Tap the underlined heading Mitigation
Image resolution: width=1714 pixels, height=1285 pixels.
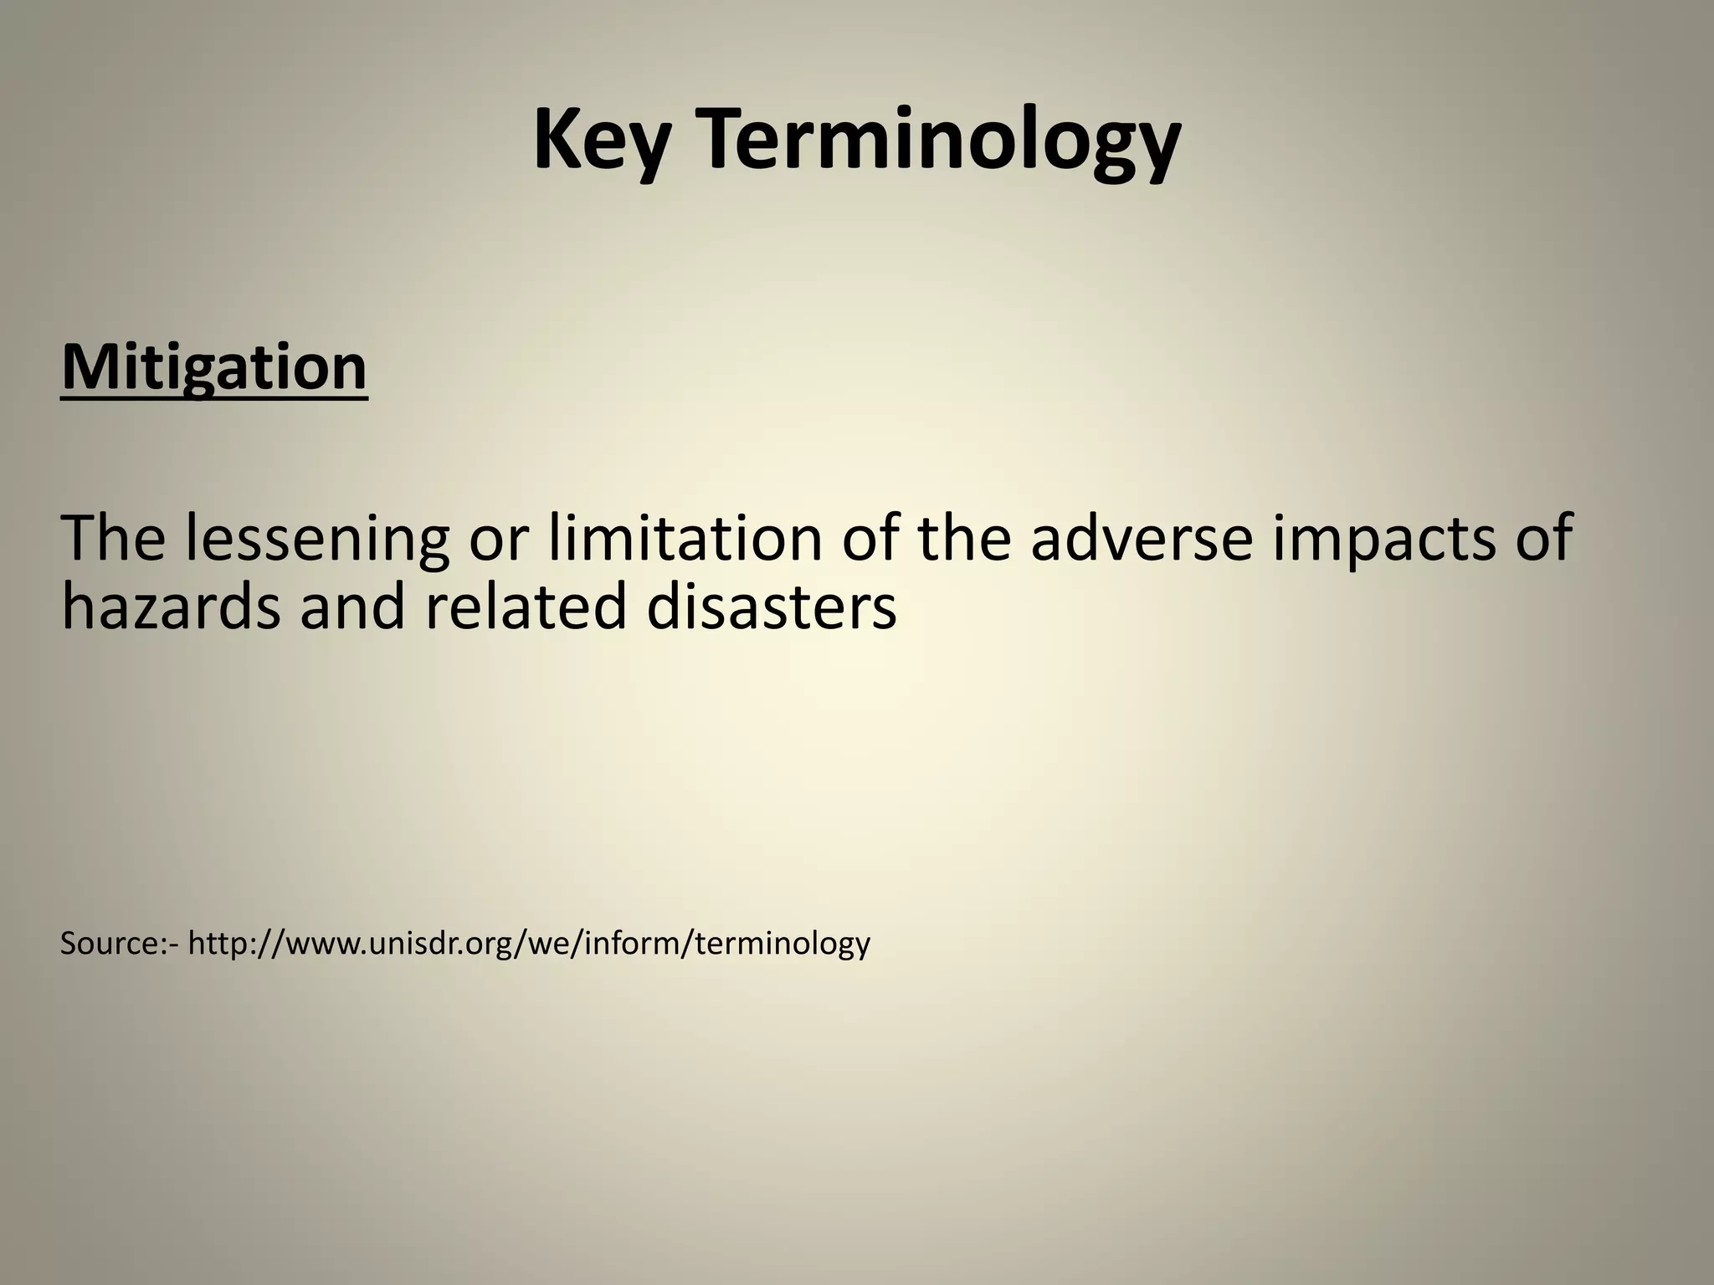[x=214, y=367]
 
